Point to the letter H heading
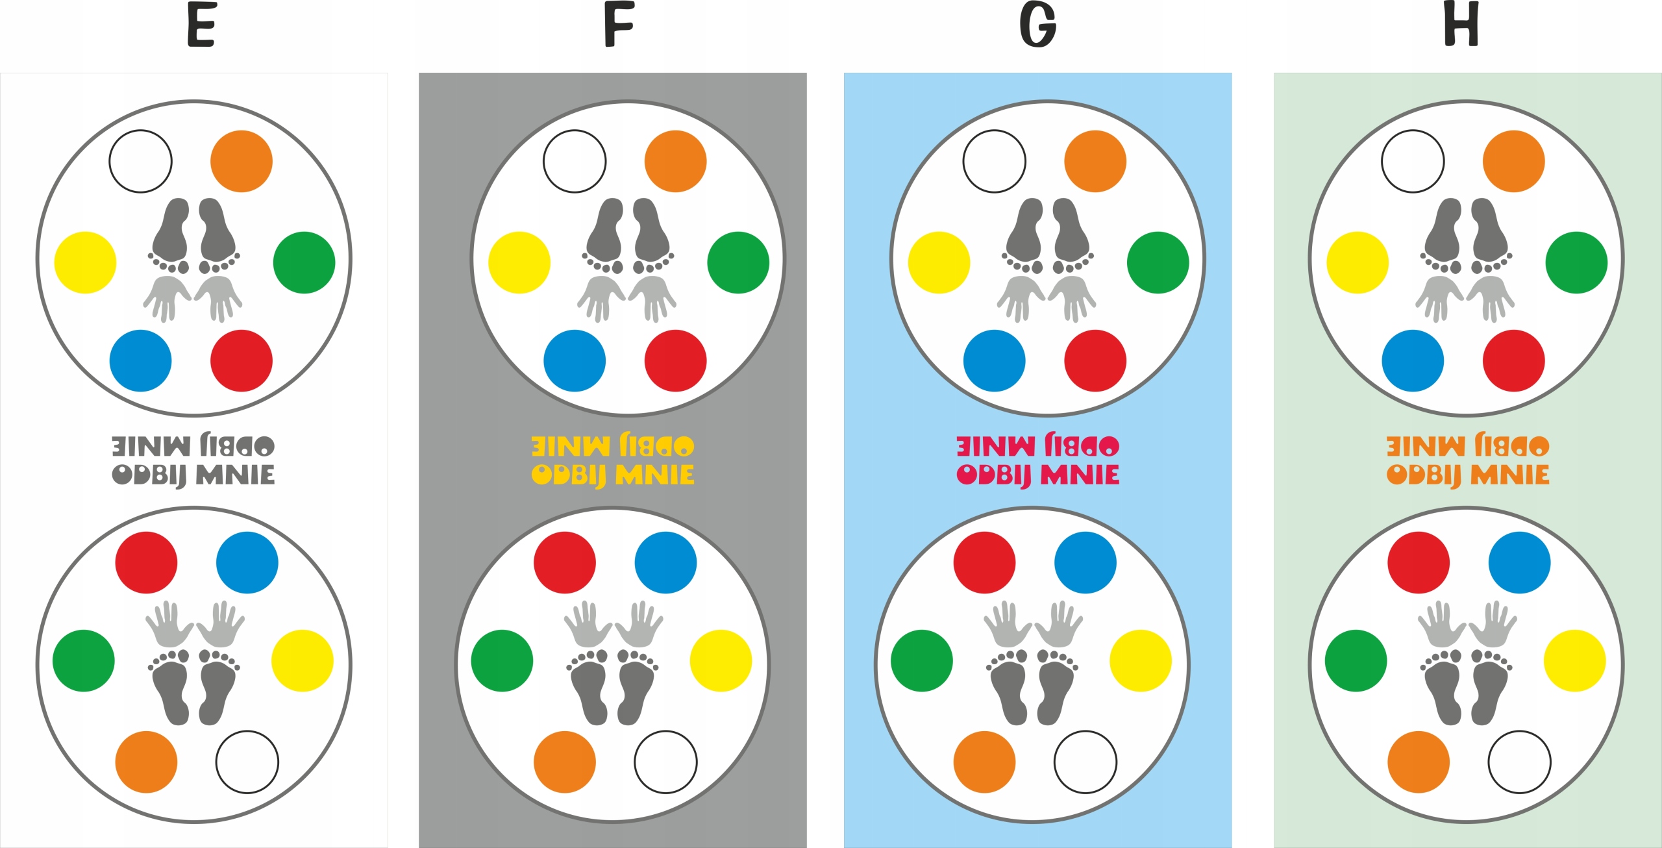point(1461,25)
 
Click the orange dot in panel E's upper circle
point(242,161)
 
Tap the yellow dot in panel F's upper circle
point(519,262)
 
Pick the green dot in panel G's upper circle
point(1158,262)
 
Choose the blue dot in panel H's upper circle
point(1413,361)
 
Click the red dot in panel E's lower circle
point(146,562)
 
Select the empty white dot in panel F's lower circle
point(665,762)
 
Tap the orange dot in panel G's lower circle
point(984,762)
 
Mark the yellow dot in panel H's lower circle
point(1574,660)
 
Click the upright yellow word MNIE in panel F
point(654,475)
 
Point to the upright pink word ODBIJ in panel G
point(993,475)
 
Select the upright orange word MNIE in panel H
point(1509,475)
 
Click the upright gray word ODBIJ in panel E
point(149,475)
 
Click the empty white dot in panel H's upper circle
point(1413,161)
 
